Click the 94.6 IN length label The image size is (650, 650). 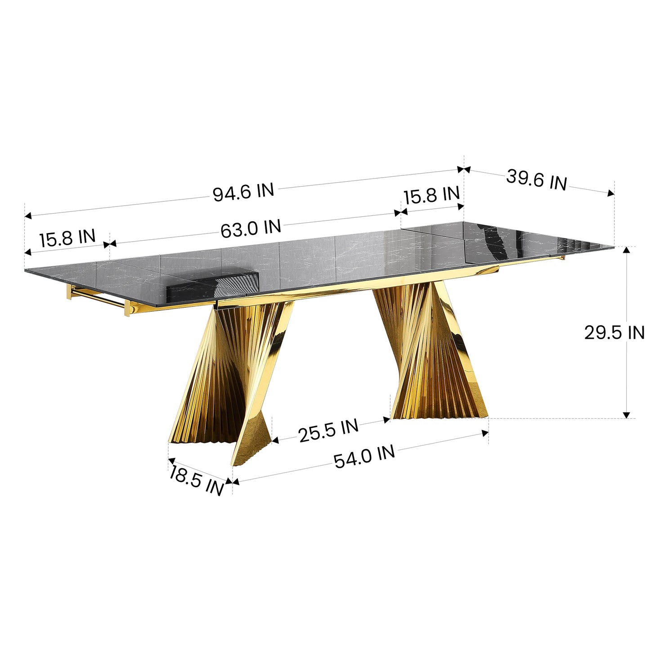[x=243, y=193]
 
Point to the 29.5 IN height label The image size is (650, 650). [x=614, y=333]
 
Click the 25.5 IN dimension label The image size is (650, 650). [x=328, y=430]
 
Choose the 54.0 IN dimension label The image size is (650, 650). [x=364, y=457]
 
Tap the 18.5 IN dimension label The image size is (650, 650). [x=197, y=480]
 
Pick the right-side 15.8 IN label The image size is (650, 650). [x=431, y=195]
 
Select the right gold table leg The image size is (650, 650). [x=432, y=355]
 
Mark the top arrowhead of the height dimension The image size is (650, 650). [x=627, y=250]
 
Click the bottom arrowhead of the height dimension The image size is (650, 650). [x=627, y=415]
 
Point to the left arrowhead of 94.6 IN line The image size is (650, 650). [x=28, y=216]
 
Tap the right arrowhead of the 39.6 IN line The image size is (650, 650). [x=610, y=194]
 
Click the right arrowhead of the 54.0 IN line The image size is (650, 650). [x=485, y=433]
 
